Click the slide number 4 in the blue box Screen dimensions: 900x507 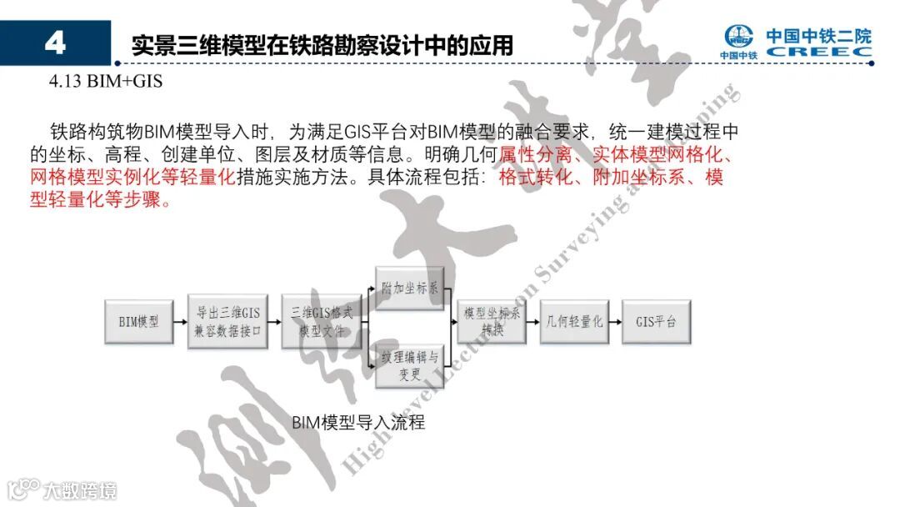55,43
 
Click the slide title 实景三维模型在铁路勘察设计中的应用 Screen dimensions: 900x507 322,45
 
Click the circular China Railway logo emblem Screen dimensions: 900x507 738,38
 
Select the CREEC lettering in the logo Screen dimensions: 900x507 819,52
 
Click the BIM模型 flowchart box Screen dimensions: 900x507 138,321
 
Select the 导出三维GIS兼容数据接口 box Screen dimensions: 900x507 227,321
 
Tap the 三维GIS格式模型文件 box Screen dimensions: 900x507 321,321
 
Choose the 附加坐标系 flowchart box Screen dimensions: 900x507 409,289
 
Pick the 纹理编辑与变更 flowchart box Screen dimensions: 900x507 409,364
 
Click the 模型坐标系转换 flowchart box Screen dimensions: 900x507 492,321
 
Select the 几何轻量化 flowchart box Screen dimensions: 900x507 574,321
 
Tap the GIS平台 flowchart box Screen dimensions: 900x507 656,321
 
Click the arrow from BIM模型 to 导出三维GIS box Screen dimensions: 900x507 180,321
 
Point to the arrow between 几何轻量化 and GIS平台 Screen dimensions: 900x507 616,321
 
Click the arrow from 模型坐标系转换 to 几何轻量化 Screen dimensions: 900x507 533,321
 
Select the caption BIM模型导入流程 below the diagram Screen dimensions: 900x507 358,422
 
